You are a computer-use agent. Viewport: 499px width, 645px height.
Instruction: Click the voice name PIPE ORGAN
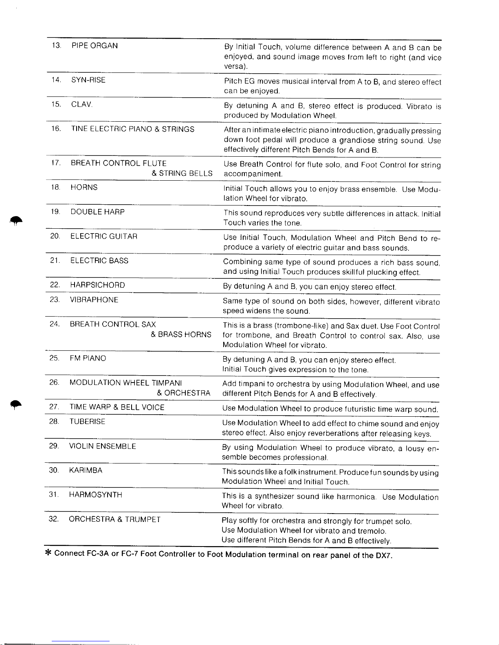pyautogui.click(x=95, y=46)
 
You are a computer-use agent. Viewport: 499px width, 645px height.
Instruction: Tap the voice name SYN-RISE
pyautogui.click(x=88, y=80)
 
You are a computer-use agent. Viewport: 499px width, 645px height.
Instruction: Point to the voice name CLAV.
pyautogui.click(x=82, y=104)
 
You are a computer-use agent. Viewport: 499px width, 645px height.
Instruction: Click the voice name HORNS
pyautogui.click(x=84, y=187)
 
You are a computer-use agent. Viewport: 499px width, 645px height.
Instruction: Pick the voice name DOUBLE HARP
pyautogui.click(x=97, y=212)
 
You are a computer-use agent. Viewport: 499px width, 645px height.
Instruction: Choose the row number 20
pyautogui.click(x=55, y=236)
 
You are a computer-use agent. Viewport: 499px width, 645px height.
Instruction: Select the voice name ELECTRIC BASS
pyautogui.click(x=99, y=260)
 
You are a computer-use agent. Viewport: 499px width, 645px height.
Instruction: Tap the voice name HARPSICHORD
pyautogui.click(x=97, y=285)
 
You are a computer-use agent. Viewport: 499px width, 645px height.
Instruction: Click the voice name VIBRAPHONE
pyautogui.click(x=94, y=300)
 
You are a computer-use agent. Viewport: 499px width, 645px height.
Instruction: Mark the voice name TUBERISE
pyautogui.click(x=87, y=422)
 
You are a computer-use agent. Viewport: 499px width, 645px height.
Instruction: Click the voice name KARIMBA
pyautogui.click(x=86, y=470)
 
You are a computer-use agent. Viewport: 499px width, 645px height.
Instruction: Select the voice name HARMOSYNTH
pyautogui.click(x=95, y=495)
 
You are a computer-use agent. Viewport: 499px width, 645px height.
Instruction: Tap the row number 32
pyautogui.click(x=54, y=519)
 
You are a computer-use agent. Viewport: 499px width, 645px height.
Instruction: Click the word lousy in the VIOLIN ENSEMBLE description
pyautogui.click(x=416, y=448)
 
